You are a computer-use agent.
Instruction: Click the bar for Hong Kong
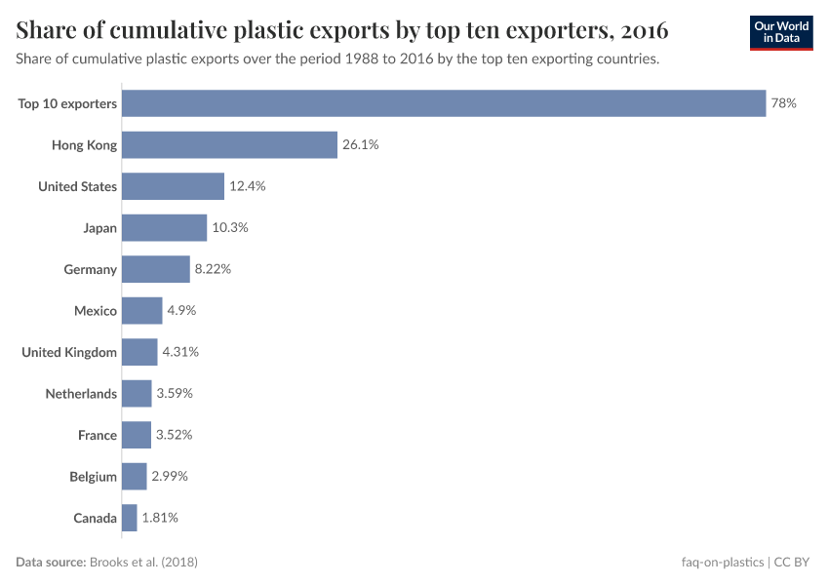(x=229, y=145)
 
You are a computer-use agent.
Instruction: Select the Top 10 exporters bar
(x=444, y=103)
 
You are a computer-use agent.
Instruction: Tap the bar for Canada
(x=130, y=518)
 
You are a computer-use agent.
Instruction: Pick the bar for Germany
(x=156, y=269)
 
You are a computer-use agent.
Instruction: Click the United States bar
(x=173, y=186)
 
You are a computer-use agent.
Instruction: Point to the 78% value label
(x=783, y=103)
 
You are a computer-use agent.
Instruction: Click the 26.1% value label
(x=360, y=145)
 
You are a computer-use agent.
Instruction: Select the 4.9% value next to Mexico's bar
(x=179, y=311)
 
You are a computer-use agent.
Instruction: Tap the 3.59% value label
(x=175, y=394)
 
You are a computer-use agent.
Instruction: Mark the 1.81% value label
(x=160, y=518)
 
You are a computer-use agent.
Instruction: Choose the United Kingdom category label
(x=69, y=352)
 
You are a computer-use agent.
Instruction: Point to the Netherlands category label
(x=81, y=394)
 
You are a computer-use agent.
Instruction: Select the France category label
(x=98, y=435)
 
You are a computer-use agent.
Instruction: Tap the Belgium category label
(x=93, y=477)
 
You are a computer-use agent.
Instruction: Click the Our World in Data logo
(x=780, y=32)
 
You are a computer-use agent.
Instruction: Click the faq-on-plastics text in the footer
(x=724, y=563)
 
